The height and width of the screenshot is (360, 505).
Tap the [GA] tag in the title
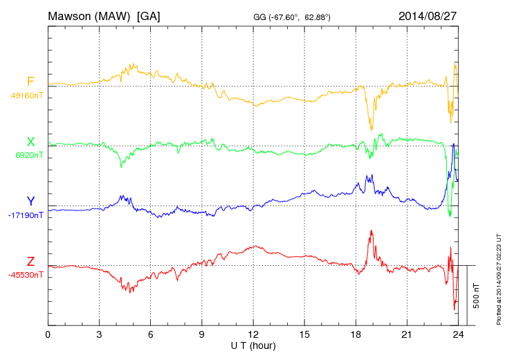[149, 15]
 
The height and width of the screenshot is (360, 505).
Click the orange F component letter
[30, 82]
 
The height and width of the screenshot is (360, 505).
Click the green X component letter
[30, 142]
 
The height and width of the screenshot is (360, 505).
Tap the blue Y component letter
[30, 201]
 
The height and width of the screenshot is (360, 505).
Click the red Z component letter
[30, 262]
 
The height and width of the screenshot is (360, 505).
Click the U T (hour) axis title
[253, 345]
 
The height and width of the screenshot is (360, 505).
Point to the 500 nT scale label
[477, 295]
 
